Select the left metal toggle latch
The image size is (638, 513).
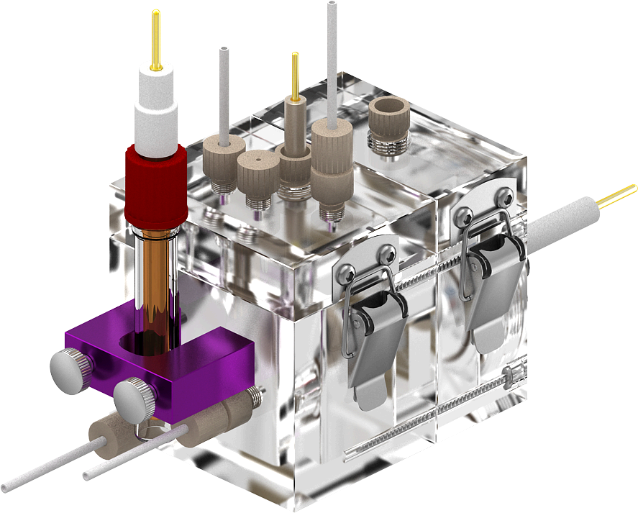click(x=370, y=324)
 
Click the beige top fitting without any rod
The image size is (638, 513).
click(x=257, y=170)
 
